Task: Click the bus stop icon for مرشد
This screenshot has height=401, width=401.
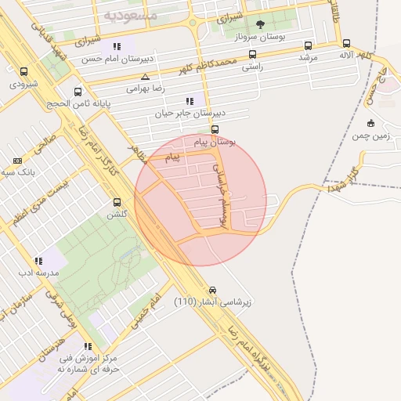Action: click(x=308, y=45)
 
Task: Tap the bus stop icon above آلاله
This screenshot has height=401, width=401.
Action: click(x=347, y=45)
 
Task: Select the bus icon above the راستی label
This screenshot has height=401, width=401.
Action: click(x=252, y=55)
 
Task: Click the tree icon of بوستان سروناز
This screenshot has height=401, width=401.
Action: click(x=260, y=23)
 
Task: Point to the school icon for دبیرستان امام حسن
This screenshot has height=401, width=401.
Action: click(x=117, y=46)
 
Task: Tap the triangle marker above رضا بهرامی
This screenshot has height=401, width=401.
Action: click(x=145, y=77)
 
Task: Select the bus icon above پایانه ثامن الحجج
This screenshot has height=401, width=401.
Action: click(x=78, y=92)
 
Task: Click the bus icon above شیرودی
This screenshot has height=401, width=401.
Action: click(x=23, y=71)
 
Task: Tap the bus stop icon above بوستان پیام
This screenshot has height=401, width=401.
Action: click(x=215, y=130)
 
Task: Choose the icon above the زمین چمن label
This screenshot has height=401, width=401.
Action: click(x=370, y=123)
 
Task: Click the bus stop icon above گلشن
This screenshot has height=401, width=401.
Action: click(x=117, y=202)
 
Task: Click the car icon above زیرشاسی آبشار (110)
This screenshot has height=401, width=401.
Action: click(x=212, y=289)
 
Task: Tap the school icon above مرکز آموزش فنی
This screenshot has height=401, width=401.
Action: click(x=87, y=345)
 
